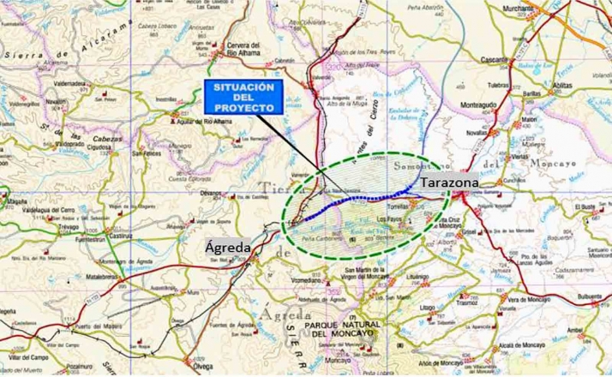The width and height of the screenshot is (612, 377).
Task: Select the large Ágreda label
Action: point(229,248)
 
